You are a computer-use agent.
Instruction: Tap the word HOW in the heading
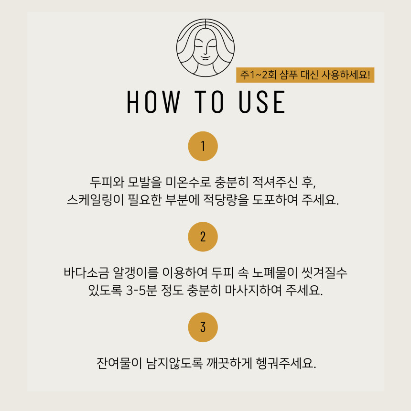153,102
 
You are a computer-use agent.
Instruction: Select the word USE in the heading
262,102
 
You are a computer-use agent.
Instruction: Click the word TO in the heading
209,102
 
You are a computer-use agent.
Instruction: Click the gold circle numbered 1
203,146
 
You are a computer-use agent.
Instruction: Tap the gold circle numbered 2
203,237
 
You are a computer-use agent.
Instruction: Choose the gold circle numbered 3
203,327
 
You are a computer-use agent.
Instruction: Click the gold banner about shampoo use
305,75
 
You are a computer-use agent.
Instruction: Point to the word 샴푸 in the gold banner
288,75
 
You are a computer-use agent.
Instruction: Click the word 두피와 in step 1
107,182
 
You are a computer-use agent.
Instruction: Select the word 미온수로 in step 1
188,182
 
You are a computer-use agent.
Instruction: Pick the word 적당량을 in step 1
226,200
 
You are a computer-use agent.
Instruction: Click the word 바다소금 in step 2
86,272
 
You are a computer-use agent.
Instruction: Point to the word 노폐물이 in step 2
274,272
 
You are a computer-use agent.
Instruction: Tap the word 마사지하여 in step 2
253,291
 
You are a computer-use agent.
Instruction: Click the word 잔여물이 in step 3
119,363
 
